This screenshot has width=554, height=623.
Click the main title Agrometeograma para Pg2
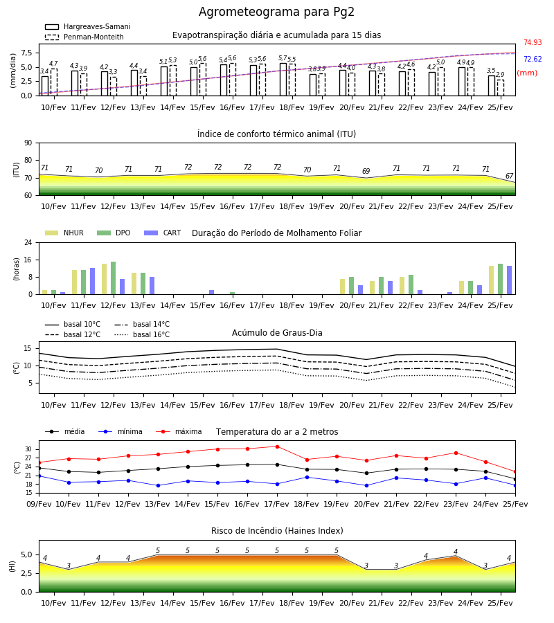pyautogui.click(x=276, y=12)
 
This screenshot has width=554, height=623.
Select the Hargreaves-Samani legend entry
pyautogui.click(x=87, y=26)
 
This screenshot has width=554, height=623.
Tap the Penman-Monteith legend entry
pyautogui.click(x=84, y=37)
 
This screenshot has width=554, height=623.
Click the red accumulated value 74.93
pyautogui.click(x=533, y=42)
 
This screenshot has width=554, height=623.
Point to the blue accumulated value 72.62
pyautogui.click(x=533, y=60)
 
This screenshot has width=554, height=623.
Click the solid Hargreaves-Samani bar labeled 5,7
pyautogui.click(x=283, y=80)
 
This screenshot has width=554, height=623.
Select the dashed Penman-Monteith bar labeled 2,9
pyautogui.click(x=501, y=88)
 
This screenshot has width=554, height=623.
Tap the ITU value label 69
pyautogui.click(x=366, y=171)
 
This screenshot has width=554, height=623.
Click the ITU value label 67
pyautogui.click(x=510, y=176)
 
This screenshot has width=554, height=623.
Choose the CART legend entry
pyautogui.click(x=163, y=233)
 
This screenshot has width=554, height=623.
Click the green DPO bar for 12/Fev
pyautogui.click(x=114, y=278)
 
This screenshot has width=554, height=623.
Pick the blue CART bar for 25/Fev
pyautogui.click(x=510, y=280)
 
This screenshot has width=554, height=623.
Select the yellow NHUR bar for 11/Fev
pyautogui.click(x=74, y=282)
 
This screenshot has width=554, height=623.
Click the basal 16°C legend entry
pyautogui.click(x=142, y=335)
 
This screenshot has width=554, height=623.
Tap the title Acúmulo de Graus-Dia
pyautogui.click(x=277, y=333)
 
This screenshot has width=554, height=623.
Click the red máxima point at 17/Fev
pyautogui.click(x=278, y=446)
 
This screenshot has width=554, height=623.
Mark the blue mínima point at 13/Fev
pyautogui.click(x=158, y=485)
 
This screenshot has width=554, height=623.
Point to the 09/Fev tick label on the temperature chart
pyautogui.click(x=39, y=504)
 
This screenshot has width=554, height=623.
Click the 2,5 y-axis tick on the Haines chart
pyautogui.click(x=26, y=573)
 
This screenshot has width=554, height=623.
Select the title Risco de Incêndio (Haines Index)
pyautogui.click(x=277, y=531)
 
